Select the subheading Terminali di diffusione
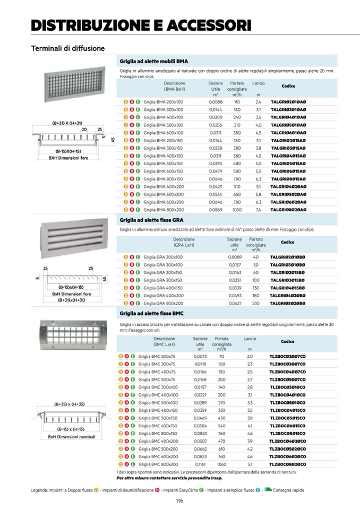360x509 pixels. coord(67,48)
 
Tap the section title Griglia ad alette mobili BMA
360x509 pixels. coord(154,61)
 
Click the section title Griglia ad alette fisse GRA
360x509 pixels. coord(152,220)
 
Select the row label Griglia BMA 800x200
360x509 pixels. coord(163,210)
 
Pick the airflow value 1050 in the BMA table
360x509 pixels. coord(237,210)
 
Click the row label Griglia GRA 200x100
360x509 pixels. coord(163,257)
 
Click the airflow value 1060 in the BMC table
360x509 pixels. coord(221,464)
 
